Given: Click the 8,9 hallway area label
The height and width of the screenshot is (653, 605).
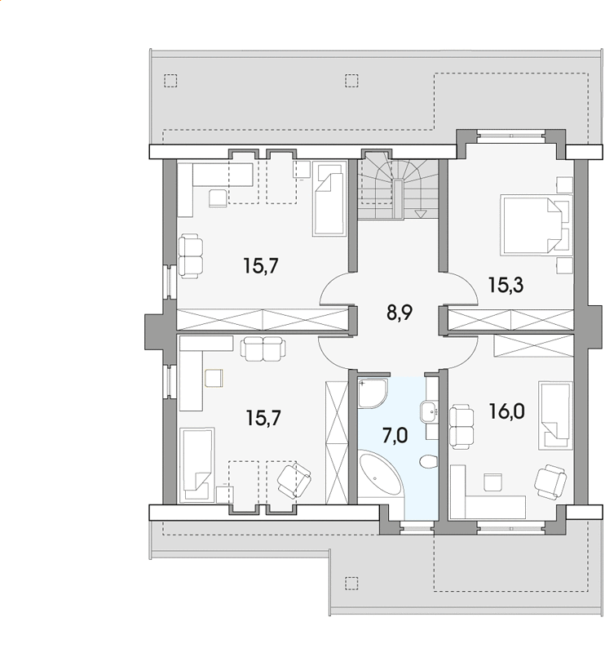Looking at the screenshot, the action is click(400, 313).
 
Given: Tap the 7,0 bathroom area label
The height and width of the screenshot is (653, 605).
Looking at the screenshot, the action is click(395, 436).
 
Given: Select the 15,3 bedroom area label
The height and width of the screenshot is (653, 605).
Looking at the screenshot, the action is click(506, 286).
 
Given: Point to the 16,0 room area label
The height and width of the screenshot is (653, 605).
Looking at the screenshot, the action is click(506, 412).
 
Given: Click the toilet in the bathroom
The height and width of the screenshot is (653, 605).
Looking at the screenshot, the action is click(428, 462).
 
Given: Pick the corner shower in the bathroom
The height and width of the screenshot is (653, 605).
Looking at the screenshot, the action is click(373, 393).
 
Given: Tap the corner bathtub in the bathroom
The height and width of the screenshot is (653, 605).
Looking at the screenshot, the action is click(381, 475).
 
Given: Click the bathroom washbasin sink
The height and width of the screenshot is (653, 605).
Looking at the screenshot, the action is click(430, 411).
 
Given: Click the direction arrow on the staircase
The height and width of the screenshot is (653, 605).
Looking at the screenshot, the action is click(421, 214).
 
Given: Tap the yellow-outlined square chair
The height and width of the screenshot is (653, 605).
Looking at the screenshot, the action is click(214, 378).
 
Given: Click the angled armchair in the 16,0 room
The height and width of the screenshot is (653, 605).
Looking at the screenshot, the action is click(550, 482).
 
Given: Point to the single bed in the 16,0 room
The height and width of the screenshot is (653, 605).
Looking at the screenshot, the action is click(555, 415).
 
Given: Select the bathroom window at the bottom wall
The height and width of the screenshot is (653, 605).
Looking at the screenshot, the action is click(417, 529).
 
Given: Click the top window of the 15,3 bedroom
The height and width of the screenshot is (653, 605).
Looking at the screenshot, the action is click(511, 134).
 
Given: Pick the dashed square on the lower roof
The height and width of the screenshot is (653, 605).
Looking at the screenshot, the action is click(351, 583).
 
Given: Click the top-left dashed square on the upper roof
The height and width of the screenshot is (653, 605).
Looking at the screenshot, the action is click(170, 80).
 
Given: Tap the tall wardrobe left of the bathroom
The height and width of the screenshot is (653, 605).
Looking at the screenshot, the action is click(337, 442).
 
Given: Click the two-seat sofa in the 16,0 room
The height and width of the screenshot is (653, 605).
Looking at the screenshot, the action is click(461, 426).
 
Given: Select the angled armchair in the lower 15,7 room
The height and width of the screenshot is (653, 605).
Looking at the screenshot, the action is click(294, 480).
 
